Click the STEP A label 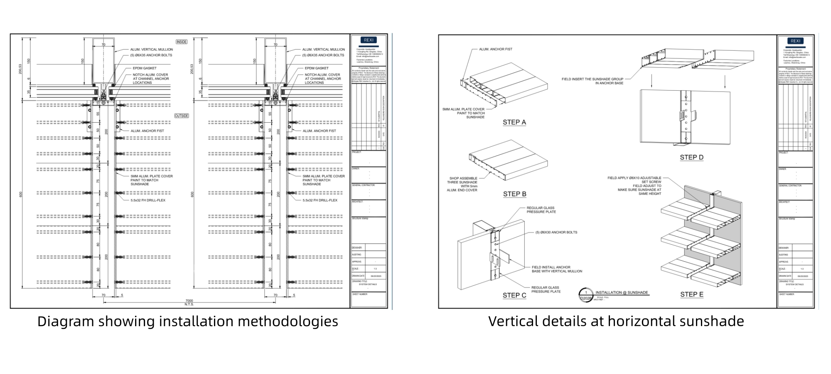(x=514, y=122)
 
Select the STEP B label (x=514, y=194)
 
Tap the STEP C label (x=514, y=295)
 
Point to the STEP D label (x=691, y=157)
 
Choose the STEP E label (x=691, y=295)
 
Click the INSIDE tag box (x=182, y=42)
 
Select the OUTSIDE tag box (x=182, y=116)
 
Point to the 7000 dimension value (x=189, y=300)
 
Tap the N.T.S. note (x=189, y=304)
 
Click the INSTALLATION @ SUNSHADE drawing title (x=622, y=292)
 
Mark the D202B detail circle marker (x=585, y=295)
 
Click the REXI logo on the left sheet (x=369, y=40)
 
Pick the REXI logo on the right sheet (x=795, y=41)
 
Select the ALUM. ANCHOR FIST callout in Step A (x=496, y=49)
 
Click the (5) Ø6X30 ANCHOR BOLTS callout (x=556, y=232)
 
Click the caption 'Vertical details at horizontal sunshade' (x=616, y=321)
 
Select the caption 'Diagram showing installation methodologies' (x=188, y=321)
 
